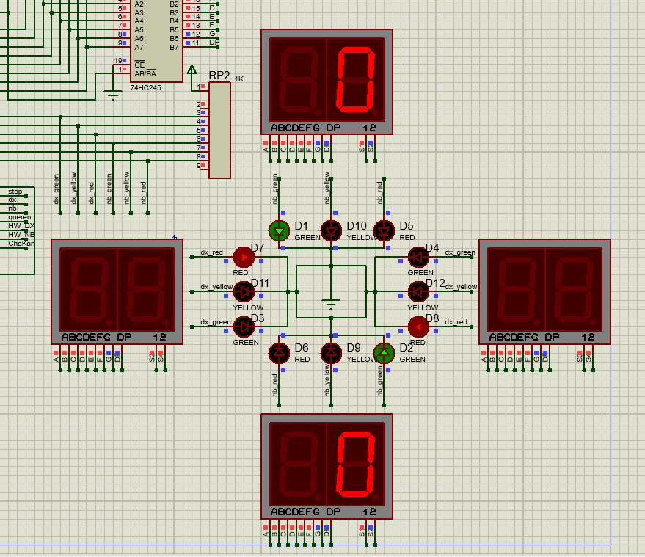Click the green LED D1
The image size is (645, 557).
(279, 231)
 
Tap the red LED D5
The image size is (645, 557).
(384, 231)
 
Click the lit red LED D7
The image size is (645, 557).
(243, 257)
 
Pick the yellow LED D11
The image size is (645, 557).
(243, 291)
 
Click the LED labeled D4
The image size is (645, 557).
(418, 257)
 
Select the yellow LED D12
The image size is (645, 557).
(418, 291)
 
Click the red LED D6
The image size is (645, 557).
(279, 353)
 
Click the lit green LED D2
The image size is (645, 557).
(384, 353)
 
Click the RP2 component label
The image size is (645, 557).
(219, 76)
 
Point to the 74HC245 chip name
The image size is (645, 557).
(146, 87)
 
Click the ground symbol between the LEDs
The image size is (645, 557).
(332, 303)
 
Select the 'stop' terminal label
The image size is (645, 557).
(15, 192)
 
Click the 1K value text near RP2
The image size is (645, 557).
(239, 79)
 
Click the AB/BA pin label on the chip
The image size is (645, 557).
(145, 73)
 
